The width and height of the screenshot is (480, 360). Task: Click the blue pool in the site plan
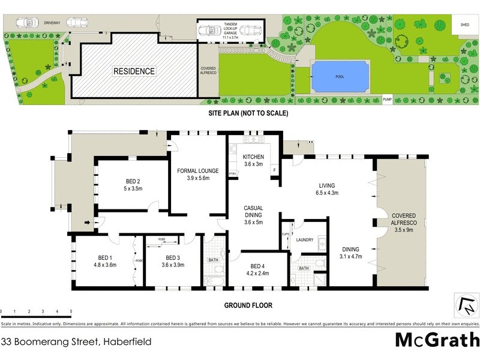[x=340, y=76]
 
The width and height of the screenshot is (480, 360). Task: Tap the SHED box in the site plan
[x=465, y=25]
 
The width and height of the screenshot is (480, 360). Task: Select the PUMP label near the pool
[x=388, y=99]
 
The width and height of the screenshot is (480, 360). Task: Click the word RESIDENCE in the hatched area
[x=134, y=71]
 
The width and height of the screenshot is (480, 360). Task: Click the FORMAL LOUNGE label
[x=198, y=174]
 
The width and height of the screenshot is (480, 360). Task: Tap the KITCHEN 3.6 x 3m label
[x=254, y=160]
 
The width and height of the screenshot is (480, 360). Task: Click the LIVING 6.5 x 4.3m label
[x=327, y=189]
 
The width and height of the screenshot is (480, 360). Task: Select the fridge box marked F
[x=274, y=170]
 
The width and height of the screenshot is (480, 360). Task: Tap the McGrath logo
[x=437, y=340]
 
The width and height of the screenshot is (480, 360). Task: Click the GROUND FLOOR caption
[x=248, y=305]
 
